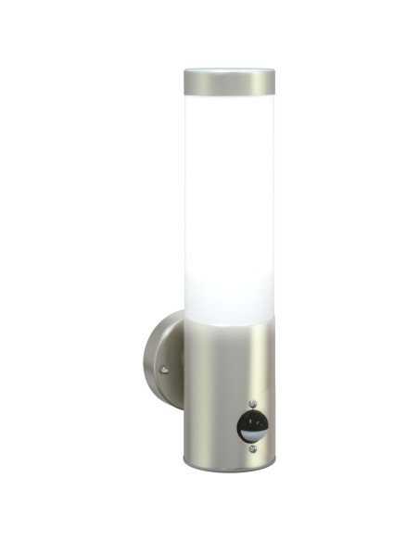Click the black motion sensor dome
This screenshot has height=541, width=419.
pyautogui.click(x=251, y=427)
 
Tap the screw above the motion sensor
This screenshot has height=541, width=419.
pyautogui.click(x=251, y=405)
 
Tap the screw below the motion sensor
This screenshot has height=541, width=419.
pyautogui.click(x=251, y=452)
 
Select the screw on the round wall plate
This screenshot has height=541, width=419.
pyautogui.click(x=164, y=371)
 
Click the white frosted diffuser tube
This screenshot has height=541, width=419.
pyautogui.click(x=228, y=204)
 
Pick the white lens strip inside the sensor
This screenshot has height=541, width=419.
pyautogui.click(x=252, y=433)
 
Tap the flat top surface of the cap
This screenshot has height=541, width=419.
pyautogui.click(x=228, y=70)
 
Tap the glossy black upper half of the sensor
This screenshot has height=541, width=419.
pyautogui.click(x=251, y=421)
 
